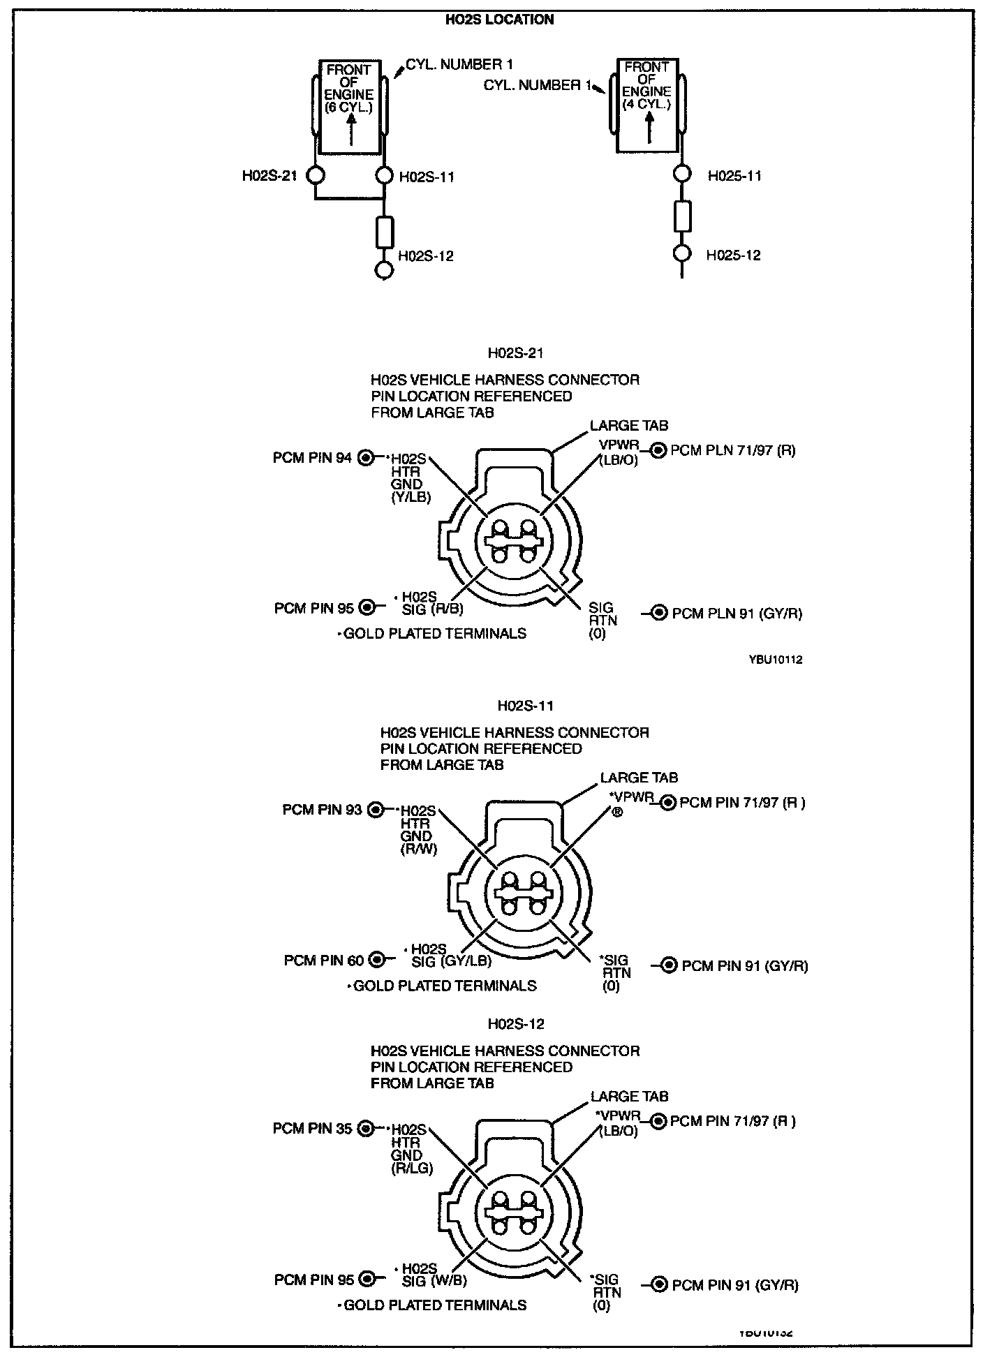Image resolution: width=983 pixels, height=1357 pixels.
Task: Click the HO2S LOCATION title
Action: pos(499,20)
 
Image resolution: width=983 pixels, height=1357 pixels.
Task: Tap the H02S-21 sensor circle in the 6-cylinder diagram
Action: pos(316,175)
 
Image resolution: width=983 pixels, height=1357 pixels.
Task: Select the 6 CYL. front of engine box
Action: pos(350,107)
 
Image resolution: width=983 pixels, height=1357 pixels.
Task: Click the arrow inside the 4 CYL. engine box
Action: pos(649,128)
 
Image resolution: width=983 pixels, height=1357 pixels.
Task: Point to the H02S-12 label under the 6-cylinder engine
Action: pos(426,256)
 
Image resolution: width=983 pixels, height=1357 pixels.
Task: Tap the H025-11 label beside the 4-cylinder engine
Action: pos(734,176)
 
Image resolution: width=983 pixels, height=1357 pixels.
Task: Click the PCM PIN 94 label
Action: pos(312,458)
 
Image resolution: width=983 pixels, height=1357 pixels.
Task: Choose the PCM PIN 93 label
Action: pos(322,810)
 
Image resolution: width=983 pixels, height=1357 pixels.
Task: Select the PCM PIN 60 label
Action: pos(323,961)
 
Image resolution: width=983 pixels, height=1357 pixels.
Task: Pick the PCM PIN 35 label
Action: pos(312,1128)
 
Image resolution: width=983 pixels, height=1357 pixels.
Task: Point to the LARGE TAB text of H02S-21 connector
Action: pos(628,425)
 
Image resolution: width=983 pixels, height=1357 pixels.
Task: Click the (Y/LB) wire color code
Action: pos(411,497)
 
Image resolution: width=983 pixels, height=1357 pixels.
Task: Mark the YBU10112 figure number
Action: pos(776,659)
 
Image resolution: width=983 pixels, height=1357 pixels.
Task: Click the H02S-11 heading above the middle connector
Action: pos(525,706)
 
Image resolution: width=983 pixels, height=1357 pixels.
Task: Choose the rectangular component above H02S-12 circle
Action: pos(385,232)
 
